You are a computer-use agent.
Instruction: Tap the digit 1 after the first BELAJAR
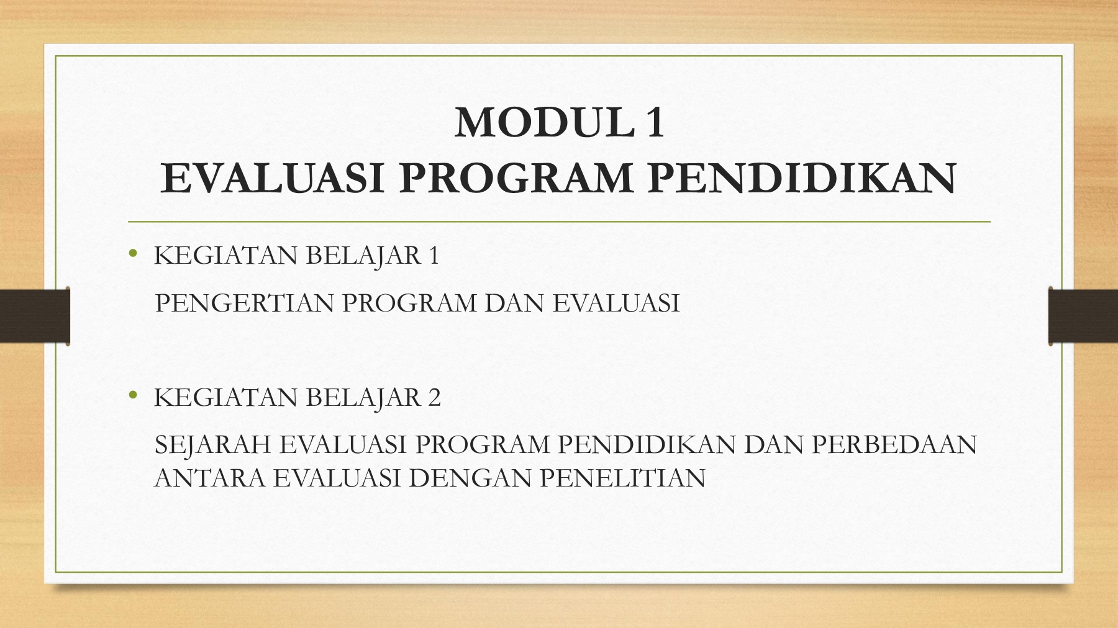coord(434,256)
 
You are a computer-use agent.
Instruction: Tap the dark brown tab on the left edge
coord(35,315)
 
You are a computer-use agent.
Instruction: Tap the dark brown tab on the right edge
coord(1083,315)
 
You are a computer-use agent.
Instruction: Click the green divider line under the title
coord(559,222)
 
